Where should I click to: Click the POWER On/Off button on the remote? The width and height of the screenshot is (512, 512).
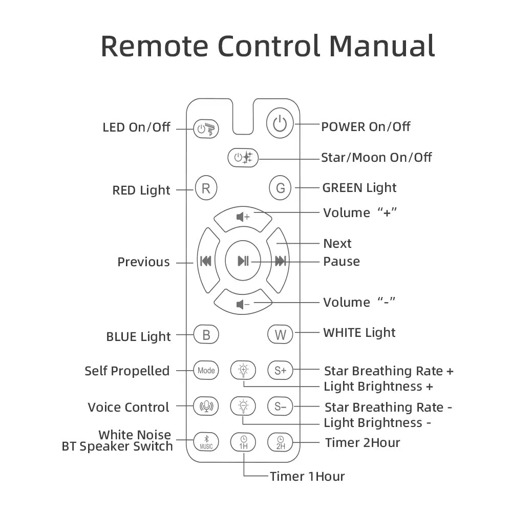[x=280, y=124]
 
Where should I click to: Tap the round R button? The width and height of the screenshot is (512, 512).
[x=206, y=188]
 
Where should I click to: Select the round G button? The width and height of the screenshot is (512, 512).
[x=280, y=188]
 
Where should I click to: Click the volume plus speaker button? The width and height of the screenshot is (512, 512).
[x=243, y=217]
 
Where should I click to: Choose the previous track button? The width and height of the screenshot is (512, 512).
[x=206, y=261]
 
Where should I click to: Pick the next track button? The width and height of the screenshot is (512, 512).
[x=280, y=261]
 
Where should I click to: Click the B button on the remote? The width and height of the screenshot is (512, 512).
[x=206, y=335]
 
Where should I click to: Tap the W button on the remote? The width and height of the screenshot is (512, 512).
[x=280, y=335]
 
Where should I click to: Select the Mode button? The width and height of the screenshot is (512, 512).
[x=206, y=370]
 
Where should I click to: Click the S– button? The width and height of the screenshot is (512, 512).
[x=280, y=407]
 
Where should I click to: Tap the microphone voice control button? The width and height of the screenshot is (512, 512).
[x=206, y=407]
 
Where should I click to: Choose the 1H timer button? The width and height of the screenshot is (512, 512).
[x=243, y=442]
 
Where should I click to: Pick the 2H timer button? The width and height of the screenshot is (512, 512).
[x=280, y=442]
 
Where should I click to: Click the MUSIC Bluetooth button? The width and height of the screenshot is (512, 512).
[x=206, y=442]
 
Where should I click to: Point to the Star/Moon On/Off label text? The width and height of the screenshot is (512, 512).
[x=376, y=157]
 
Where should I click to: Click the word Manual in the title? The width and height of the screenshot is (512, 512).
[x=382, y=46]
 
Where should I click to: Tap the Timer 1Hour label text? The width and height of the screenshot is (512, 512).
[x=307, y=476]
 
